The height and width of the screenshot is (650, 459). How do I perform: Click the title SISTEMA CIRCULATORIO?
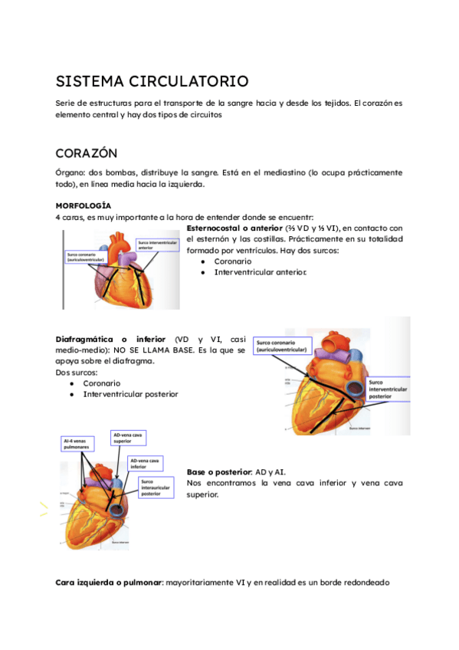coord(152,81)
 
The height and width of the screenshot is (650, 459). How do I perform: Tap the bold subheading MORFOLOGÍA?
coord(84,206)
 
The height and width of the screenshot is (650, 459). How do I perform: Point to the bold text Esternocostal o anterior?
coord(234,228)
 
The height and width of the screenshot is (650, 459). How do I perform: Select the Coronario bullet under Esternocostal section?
coord(232,261)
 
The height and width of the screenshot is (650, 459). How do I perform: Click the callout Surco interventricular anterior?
coord(158,245)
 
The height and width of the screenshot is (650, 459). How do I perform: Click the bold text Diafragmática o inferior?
coord(112,339)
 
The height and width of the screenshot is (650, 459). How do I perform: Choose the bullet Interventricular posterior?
coord(130,394)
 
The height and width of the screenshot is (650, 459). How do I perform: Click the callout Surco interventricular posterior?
coord(387,389)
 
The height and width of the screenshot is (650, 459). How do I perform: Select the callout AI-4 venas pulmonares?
coord(77,444)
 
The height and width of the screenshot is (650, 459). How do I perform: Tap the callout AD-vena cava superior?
coord(127,437)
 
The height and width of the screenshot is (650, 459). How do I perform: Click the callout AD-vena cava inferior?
coord(145,463)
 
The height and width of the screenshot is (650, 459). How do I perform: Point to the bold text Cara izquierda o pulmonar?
coord(110,582)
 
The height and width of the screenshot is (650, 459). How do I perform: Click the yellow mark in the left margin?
coord(44,509)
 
